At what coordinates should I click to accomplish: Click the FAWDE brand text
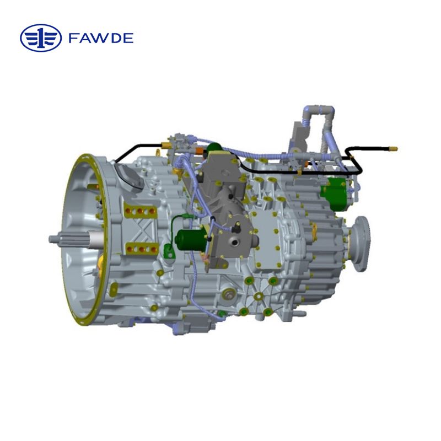(x=101, y=38)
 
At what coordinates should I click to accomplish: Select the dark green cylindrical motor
(x=189, y=239)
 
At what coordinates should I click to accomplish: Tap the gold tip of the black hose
(x=393, y=148)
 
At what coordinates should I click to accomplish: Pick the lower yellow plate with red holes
(x=140, y=249)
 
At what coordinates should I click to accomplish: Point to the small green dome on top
(x=215, y=149)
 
